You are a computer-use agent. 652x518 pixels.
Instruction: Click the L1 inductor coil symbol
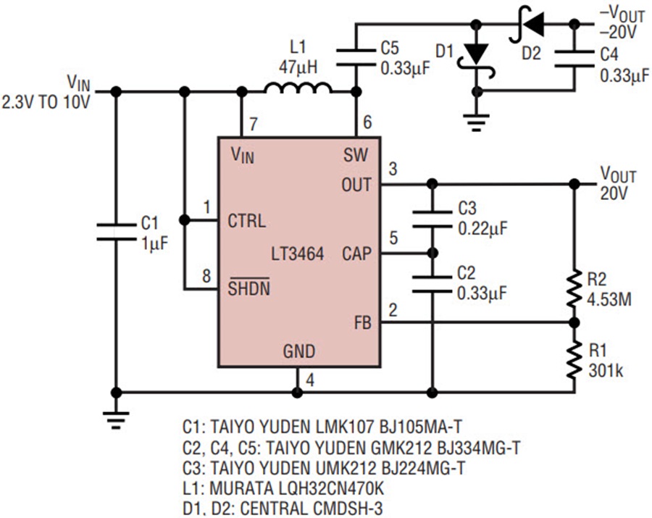298,88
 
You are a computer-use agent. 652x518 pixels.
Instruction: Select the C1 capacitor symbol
117,232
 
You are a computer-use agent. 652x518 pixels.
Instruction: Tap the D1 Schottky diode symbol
477,57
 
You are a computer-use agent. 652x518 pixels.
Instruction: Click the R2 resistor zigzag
574,288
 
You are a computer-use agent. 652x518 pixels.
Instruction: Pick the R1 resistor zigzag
574,359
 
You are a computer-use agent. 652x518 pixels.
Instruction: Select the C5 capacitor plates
356,57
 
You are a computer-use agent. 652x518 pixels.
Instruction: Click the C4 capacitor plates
574,59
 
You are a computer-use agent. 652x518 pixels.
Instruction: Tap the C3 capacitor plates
432,219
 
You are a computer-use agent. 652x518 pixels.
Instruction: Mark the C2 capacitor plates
432,283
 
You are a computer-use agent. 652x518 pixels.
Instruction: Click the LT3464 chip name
297,254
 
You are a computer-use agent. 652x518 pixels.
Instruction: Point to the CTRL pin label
246,221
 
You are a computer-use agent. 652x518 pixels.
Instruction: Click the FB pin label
363,322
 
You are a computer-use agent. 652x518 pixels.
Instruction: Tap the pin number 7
254,124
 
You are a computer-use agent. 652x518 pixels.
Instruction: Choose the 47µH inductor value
298,67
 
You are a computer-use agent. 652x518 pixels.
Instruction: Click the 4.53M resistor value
609,299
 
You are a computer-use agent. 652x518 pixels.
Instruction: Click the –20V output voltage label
619,32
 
